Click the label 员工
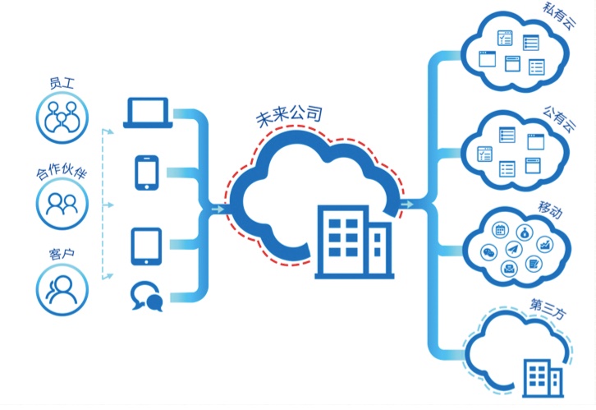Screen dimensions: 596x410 tap(62, 83)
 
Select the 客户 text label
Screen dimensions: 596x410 tap(62, 254)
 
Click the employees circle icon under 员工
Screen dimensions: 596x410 tap(62, 117)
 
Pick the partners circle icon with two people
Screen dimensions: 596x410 tap(62, 204)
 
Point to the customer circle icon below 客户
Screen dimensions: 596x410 tap(62, 289)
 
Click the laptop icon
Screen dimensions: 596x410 tap(148, 113)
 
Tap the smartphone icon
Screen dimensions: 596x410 tap(147, 173)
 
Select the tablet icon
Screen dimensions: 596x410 tap(146, 246)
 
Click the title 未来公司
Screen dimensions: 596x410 tap(289, 116)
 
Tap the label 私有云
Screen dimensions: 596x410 tap(558, 16)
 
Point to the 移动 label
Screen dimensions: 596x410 tap(550, 210)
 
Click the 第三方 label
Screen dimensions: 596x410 tap(548, 309)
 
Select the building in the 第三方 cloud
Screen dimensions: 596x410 tap(543, 378)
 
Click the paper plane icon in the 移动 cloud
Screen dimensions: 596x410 tap(514, 249)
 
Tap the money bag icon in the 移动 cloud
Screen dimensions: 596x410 tap(525, 233)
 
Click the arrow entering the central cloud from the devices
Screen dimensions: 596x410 tap(218, 210)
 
